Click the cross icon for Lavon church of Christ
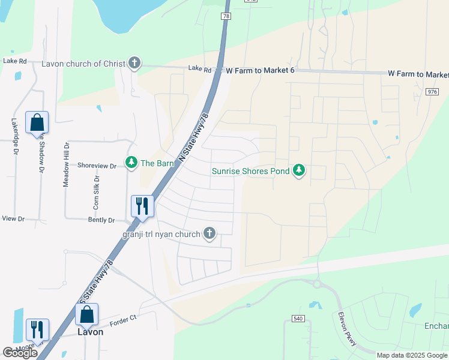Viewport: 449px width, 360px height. (134, 63)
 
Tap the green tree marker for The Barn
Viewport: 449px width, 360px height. (131, 162)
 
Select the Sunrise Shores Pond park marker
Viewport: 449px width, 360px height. (299, 171)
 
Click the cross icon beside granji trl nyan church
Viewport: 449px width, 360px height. (209, 233)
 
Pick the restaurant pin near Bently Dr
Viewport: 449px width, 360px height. (142, 206)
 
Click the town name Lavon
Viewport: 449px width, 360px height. (90, 332)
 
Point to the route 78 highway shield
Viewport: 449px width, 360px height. (226, 16)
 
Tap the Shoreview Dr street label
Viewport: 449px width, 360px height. (96, 166)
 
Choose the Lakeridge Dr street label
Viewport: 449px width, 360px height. (15, 136)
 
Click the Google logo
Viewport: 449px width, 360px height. (20, 353)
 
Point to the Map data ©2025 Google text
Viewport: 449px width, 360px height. (412, 355)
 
